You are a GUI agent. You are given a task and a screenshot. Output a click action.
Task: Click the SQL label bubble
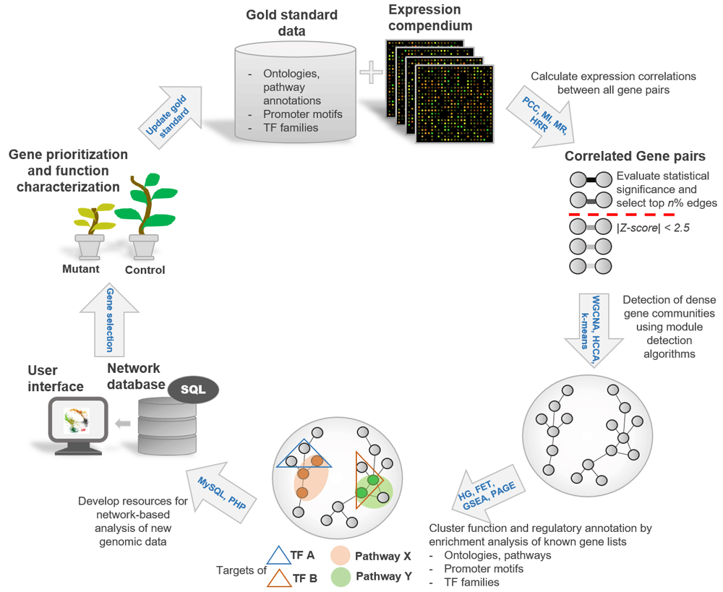click(193, 390)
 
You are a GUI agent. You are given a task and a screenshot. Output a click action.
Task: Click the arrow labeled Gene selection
click(109, 319)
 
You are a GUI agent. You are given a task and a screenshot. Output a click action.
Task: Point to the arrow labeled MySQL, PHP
click(221, 492)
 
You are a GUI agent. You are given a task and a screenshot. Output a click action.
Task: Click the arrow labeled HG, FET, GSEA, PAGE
click(488, 492)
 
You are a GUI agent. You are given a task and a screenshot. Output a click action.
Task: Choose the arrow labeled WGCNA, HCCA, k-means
click(594, 330)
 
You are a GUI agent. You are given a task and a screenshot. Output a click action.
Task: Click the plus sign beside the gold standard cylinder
click(371, 72)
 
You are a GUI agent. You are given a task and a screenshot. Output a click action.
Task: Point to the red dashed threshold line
click(622, 215)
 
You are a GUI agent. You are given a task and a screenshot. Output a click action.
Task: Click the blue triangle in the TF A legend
click(278, 556)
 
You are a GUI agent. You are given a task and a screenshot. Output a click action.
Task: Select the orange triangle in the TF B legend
click(279, 578)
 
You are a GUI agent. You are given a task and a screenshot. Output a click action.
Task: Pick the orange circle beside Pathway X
click(341, 556)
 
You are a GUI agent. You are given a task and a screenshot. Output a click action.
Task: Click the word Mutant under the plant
click(81, 269)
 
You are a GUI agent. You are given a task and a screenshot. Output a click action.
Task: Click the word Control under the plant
click(145, 270)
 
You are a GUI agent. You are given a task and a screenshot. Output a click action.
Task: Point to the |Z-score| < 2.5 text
click(653, 228)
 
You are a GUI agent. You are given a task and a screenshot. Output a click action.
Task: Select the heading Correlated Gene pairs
click(635, 156)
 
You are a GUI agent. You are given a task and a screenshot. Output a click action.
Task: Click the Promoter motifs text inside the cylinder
click(302, 114)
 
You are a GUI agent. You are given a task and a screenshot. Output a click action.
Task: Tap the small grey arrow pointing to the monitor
click(123, 423)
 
